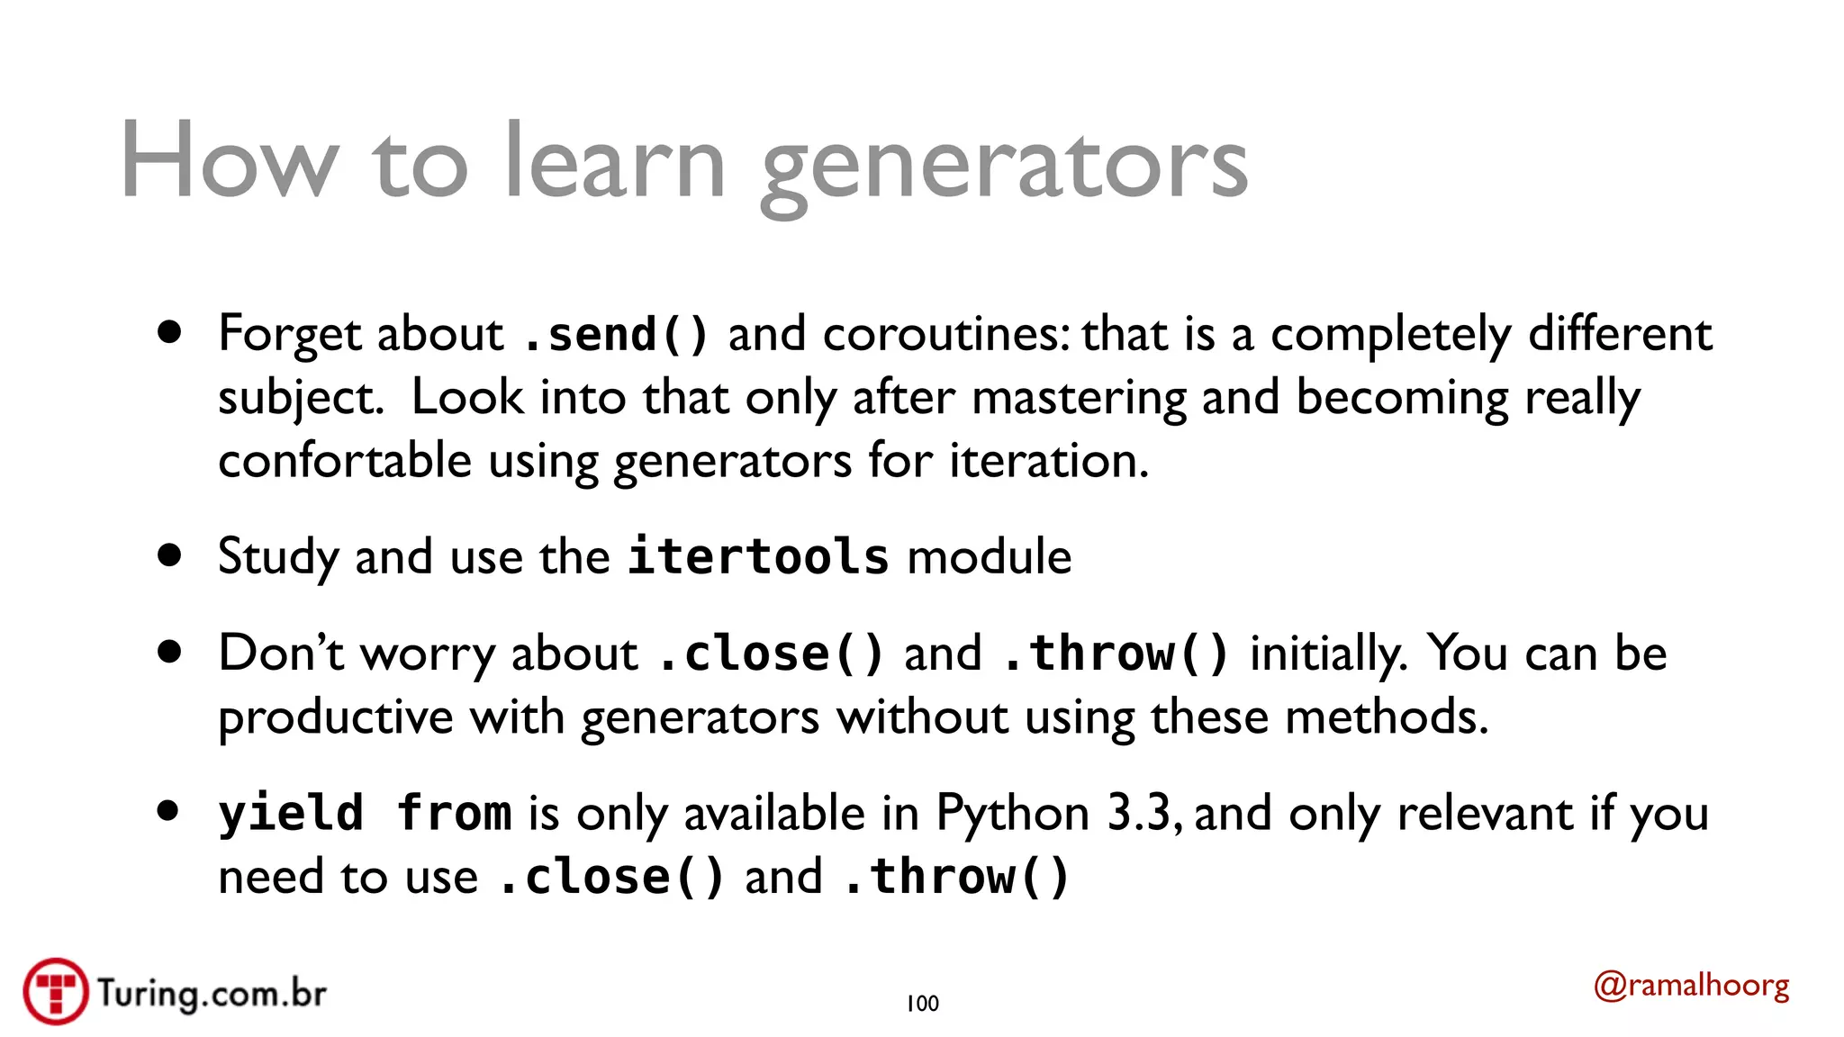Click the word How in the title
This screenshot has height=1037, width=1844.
[230, 162]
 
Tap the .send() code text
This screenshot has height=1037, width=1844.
[616, 335]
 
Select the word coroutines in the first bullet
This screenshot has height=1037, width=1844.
[945, 335]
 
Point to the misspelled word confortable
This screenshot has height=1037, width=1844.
[345, 461]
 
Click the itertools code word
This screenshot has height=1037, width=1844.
[758, 556]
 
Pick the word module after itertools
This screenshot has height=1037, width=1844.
[990, 556]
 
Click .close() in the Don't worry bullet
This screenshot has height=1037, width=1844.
[771, 654]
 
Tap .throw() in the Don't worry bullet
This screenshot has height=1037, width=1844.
[1116, 654]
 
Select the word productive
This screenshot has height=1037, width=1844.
[336, 717]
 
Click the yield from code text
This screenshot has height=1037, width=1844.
[365, 814]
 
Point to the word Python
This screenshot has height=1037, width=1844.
[1013, 814]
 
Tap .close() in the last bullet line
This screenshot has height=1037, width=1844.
[611, 878]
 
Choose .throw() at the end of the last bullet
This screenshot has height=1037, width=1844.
[956, 878]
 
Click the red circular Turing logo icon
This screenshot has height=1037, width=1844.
[56, 991]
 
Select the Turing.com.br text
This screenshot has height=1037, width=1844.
[212, 993]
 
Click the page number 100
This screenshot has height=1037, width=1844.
[922, 1004]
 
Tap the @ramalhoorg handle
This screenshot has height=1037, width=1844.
[1691, 986]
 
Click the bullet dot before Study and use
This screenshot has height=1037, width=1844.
[168, 555]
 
